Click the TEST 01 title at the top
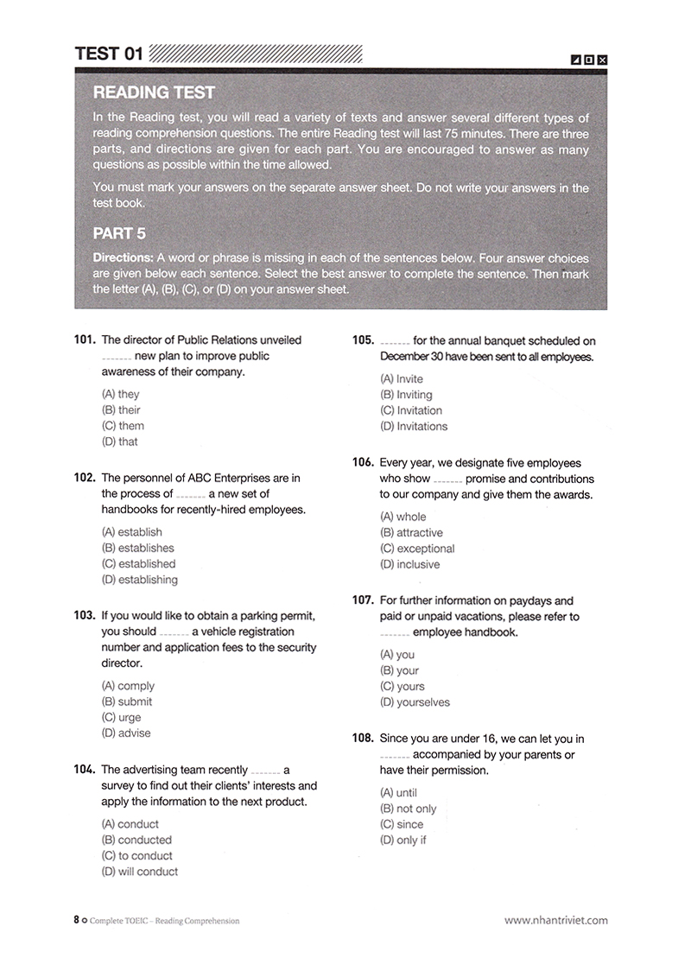point(109,54)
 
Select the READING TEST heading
point(154,92)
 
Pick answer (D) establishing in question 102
point(139,580)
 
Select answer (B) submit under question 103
point(127,701)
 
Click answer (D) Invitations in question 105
point(414,426)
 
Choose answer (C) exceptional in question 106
point(416,549)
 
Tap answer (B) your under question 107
point(399,670)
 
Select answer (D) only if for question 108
point(403,840)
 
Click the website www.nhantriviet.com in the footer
point(555,921)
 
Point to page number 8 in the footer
point(76,921)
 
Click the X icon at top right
point(602,60)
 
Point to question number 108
point(363,739)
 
